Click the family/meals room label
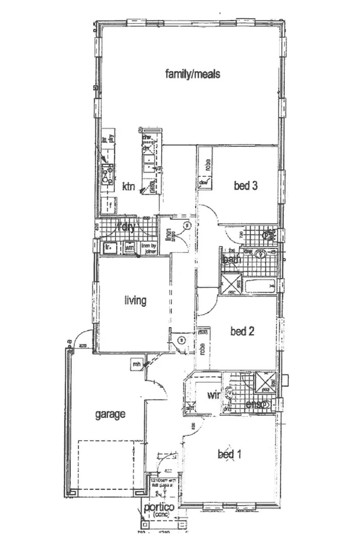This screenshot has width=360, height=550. pos(193,74)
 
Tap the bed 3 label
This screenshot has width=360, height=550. pos(245,186)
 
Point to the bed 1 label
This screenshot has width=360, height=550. pos(230,454)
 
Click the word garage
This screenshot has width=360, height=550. pos(110,415)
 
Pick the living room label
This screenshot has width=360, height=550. pos(135,300)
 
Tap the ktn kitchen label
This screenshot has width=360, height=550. pos(128,187)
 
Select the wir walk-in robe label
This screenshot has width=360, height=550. pos(213,395)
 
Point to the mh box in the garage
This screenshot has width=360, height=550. pos(135,364)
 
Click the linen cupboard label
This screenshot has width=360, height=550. pos(169,234)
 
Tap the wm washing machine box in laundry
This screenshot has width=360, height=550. pos(129,248)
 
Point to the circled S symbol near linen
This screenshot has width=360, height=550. pos(187,226)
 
